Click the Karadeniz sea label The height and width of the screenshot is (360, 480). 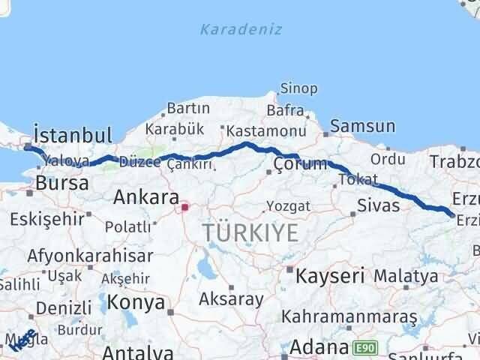[241, 30]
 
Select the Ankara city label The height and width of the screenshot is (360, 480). [145, 198]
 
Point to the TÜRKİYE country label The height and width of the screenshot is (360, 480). [250, 232]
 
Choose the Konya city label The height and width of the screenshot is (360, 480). [135, 302]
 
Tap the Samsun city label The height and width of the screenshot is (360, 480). [362, 126]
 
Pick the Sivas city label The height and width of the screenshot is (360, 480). [378, 205]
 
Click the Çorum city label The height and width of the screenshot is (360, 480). [300, 164]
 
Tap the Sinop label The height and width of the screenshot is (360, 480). [298, 88]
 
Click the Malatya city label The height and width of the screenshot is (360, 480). [405, 275]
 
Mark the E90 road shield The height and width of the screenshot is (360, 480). [364, 348]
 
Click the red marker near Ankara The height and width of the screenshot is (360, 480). [184, 203]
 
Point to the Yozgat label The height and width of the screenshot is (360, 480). [270, 205]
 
